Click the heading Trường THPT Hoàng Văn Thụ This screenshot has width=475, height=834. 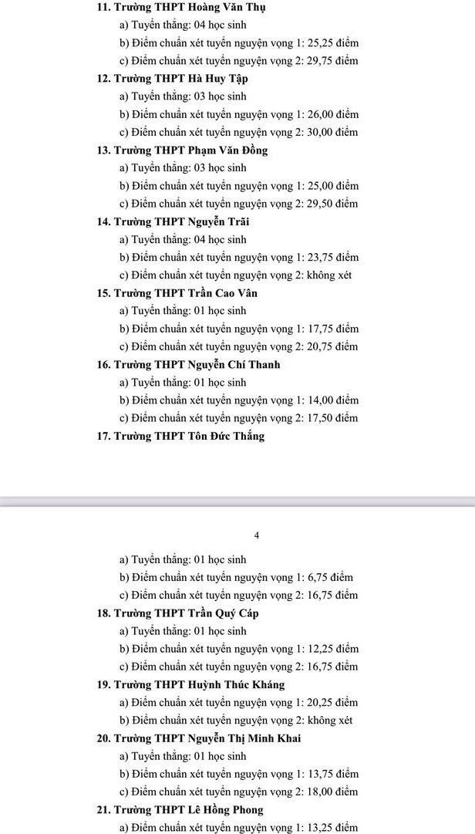[182, 7]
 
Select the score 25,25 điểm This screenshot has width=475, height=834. [332, 43]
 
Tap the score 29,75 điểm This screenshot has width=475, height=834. [332, 61]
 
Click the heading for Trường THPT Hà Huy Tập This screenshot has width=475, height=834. [180, 79]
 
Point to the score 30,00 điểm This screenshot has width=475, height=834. [332, 132]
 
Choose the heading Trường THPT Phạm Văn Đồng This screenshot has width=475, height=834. [190, 150]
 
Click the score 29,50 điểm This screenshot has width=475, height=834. [332, 204]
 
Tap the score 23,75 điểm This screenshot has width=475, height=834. [332, 257]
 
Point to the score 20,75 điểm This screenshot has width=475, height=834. [332, 347]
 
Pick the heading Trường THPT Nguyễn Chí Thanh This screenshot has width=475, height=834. [197, 365]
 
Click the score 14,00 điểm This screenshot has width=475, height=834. [332, 400]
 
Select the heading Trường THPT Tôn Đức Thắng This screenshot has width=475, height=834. [188, 437]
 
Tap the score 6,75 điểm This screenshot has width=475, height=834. [330, 578]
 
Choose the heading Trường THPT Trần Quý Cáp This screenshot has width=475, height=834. [186, 613]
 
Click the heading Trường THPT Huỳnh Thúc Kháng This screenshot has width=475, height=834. [199, 685]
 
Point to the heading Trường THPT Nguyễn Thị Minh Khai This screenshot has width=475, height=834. [207, 738]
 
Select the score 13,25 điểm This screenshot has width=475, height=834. [332, 828]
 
